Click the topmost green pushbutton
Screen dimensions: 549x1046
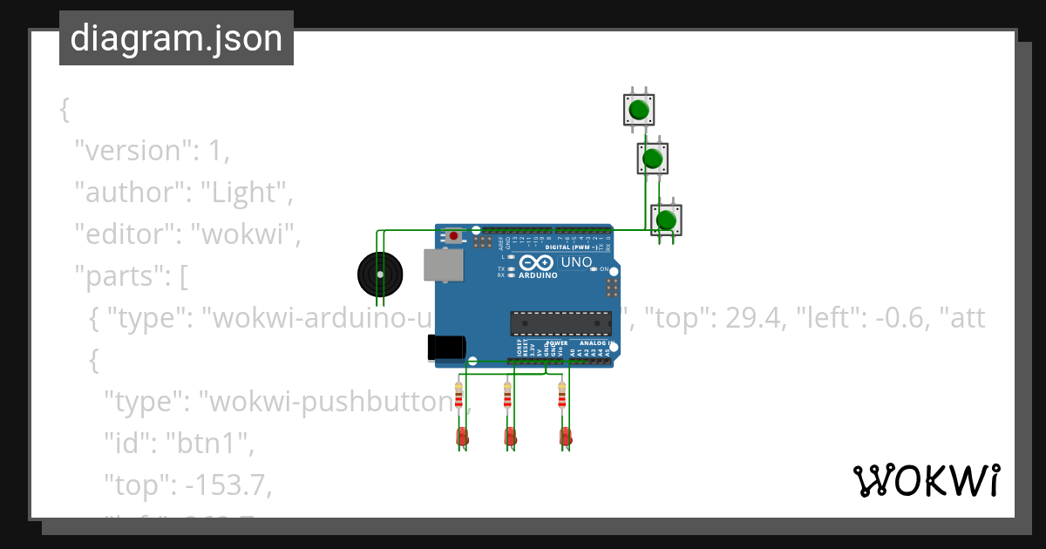click(x=639, y=110)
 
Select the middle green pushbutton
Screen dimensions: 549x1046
click(x=652, y=159)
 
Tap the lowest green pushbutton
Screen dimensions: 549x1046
click(x=666, y=220)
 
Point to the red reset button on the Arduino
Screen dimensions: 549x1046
click(x=454, y=235)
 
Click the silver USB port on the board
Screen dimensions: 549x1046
click(x=443, y=265)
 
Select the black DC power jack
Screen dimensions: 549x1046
click(x=446, y=347)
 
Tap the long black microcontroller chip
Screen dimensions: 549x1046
click(x=560, y=323)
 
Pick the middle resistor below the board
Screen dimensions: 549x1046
click(x=507, y=396)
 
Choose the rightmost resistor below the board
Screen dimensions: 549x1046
click(x=562, y=396)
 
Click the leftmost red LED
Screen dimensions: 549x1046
click(x=462, y=437)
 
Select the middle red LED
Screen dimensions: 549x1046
click(x=510, y=437)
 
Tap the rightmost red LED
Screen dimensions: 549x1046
click(x=565, y=437)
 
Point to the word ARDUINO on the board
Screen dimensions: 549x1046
click(x=538, y=275)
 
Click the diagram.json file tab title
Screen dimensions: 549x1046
click(x=176, y=38)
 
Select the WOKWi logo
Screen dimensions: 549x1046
click(x=926, y=480)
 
